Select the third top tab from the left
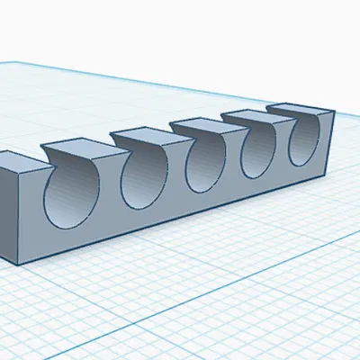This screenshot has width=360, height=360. [x=144, y=136]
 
